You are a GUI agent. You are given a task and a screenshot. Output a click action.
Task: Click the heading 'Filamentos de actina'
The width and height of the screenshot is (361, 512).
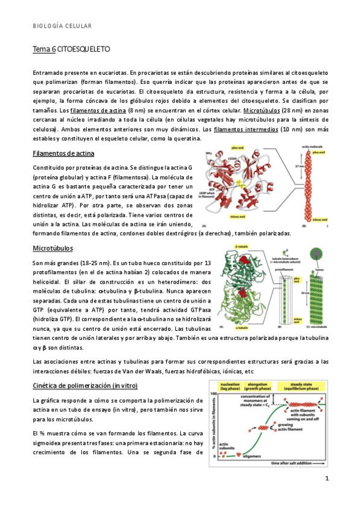coord(62,153)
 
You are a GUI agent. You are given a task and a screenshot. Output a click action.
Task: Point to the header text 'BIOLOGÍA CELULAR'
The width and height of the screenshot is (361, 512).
coord(62,26)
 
